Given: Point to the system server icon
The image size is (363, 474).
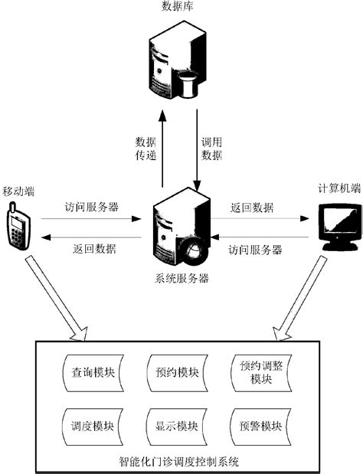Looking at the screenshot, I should (x=181, y=227).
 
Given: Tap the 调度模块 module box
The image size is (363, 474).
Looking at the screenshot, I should (x=90, y=425).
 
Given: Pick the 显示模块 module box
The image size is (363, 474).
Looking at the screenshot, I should (x=172, y=425).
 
